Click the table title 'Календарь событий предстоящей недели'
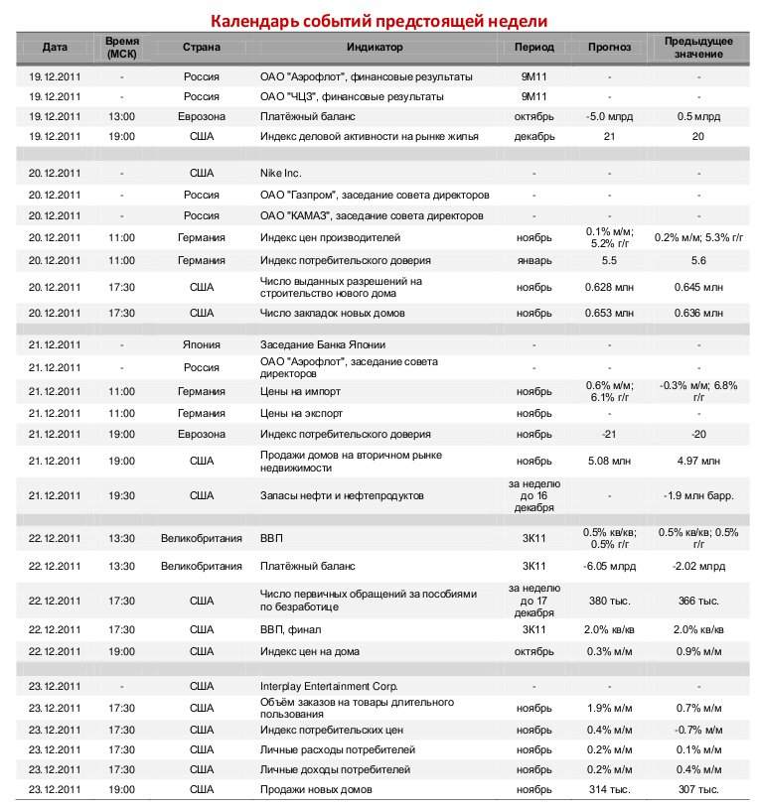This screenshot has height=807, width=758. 378,21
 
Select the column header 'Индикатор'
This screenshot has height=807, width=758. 375,48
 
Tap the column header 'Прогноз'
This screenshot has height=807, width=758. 609,48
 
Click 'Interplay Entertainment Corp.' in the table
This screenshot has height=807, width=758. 329,686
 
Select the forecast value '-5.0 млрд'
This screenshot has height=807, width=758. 609,116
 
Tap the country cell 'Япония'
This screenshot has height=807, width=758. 201,345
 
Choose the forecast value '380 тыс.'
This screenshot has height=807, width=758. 609,602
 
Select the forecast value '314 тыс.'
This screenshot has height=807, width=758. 609,789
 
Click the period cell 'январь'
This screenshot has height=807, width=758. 534,260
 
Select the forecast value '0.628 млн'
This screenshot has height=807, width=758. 609,287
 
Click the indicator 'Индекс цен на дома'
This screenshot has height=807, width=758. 310,651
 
